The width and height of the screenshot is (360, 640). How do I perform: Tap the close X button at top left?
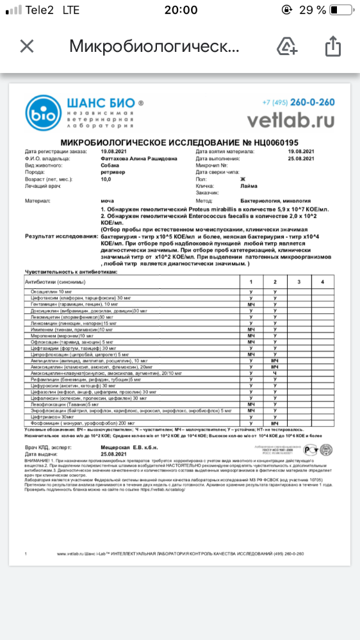[x=26, y=47]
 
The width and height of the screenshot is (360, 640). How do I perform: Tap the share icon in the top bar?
[x=332, y=46]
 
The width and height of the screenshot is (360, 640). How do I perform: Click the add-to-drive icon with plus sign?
[x=288, y=46]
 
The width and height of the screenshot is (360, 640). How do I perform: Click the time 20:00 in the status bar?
[x=181, y=10]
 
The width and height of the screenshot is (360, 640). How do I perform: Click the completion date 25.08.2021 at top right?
[x=300, y=156]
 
